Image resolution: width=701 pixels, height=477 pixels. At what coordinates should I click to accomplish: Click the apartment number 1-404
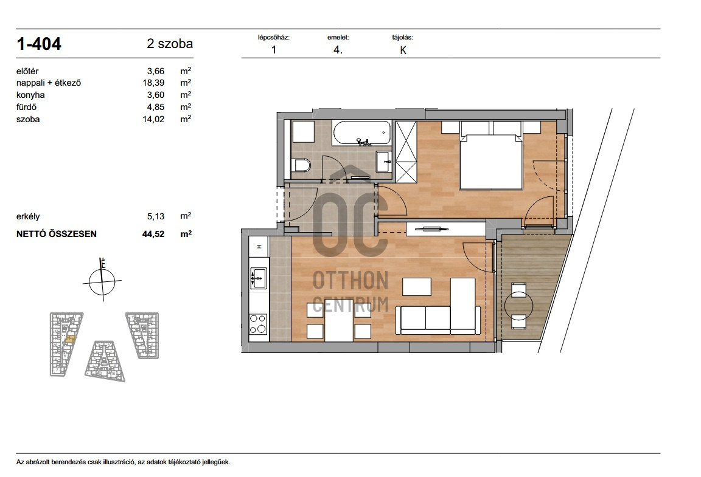[39, 44]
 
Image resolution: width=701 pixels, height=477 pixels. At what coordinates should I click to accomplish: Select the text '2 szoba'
[170, 44]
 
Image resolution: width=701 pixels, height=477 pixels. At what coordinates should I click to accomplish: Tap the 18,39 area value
[153, 83]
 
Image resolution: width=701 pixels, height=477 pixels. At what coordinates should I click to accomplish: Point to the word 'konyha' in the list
[30, 95]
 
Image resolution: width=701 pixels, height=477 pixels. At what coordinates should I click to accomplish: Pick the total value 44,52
[153, 233]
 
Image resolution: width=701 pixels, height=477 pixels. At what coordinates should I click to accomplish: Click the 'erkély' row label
[28, 216]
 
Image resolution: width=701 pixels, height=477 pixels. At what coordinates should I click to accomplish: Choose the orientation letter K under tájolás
[403, 50]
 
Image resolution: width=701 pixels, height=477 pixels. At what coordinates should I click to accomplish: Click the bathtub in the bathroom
[361, 132]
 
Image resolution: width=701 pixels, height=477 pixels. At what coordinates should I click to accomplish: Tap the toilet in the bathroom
[301, 166]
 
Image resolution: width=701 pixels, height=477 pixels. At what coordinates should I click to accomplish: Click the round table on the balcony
[518, 306]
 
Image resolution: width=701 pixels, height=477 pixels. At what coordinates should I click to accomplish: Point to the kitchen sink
[259, 278]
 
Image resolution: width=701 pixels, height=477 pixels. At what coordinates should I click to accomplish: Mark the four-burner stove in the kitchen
[259, 324]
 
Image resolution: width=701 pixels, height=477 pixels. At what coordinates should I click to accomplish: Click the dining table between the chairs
[339, 321]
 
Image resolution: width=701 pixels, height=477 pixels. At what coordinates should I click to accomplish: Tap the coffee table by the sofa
[417, 287]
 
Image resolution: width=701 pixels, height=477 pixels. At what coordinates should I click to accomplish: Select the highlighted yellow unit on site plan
[70, 339]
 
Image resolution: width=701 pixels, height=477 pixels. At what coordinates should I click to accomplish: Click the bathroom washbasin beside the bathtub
[383, 161]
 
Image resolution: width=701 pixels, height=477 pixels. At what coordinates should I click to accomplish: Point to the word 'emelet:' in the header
[338, 38]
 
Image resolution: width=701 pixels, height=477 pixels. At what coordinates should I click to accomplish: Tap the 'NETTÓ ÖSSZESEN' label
[57, 234]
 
